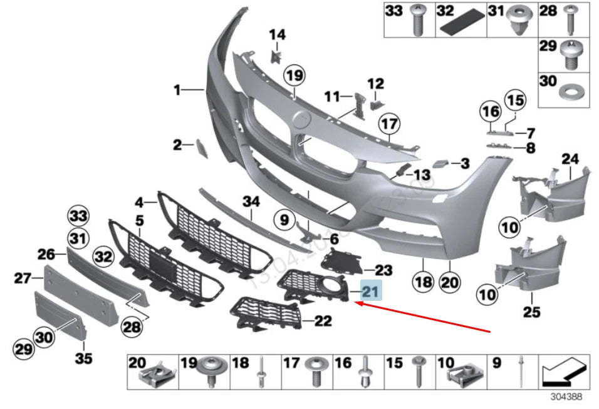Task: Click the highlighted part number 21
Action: pos(370,291)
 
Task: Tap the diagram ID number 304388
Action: pos(566,396)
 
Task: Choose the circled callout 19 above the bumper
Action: pos(293,76)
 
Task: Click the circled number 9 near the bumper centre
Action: pos(284,220)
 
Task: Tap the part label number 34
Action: pos(251,201)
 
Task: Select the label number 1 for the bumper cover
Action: pos(177,91)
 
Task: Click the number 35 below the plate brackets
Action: pos(83,358)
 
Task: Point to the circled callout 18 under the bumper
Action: pos(424,282)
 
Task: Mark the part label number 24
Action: pos(570,159)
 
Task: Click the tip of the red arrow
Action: pos(356,303)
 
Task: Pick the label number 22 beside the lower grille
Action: pos(323,321)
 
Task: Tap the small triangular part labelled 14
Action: pos(276,56)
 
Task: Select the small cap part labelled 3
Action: pos(441,164)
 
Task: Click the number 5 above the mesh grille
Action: pos(139,220)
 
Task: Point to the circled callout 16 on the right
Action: pos(491,113)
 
